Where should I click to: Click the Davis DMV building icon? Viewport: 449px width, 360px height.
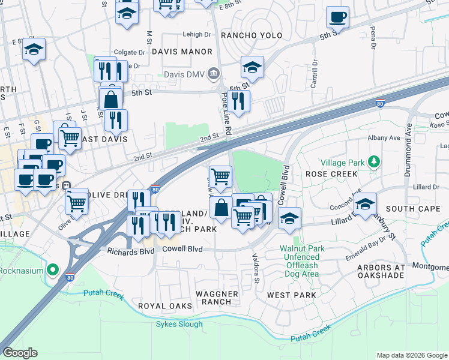(213, 74)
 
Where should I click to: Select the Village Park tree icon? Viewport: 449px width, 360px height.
(374, 162)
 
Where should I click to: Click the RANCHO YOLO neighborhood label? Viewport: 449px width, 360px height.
(252, 35)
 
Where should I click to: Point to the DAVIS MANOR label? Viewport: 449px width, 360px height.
(182, 52)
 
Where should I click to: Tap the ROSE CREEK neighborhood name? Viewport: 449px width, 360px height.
(331, 174)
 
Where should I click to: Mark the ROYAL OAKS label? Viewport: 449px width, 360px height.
(160, 306)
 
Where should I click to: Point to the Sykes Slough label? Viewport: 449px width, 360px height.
(181, 324)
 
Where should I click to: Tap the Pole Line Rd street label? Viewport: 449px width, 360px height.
(226, 113)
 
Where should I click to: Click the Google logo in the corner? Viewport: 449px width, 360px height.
(20, 353)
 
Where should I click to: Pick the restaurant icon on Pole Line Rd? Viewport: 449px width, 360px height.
(240, 101)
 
